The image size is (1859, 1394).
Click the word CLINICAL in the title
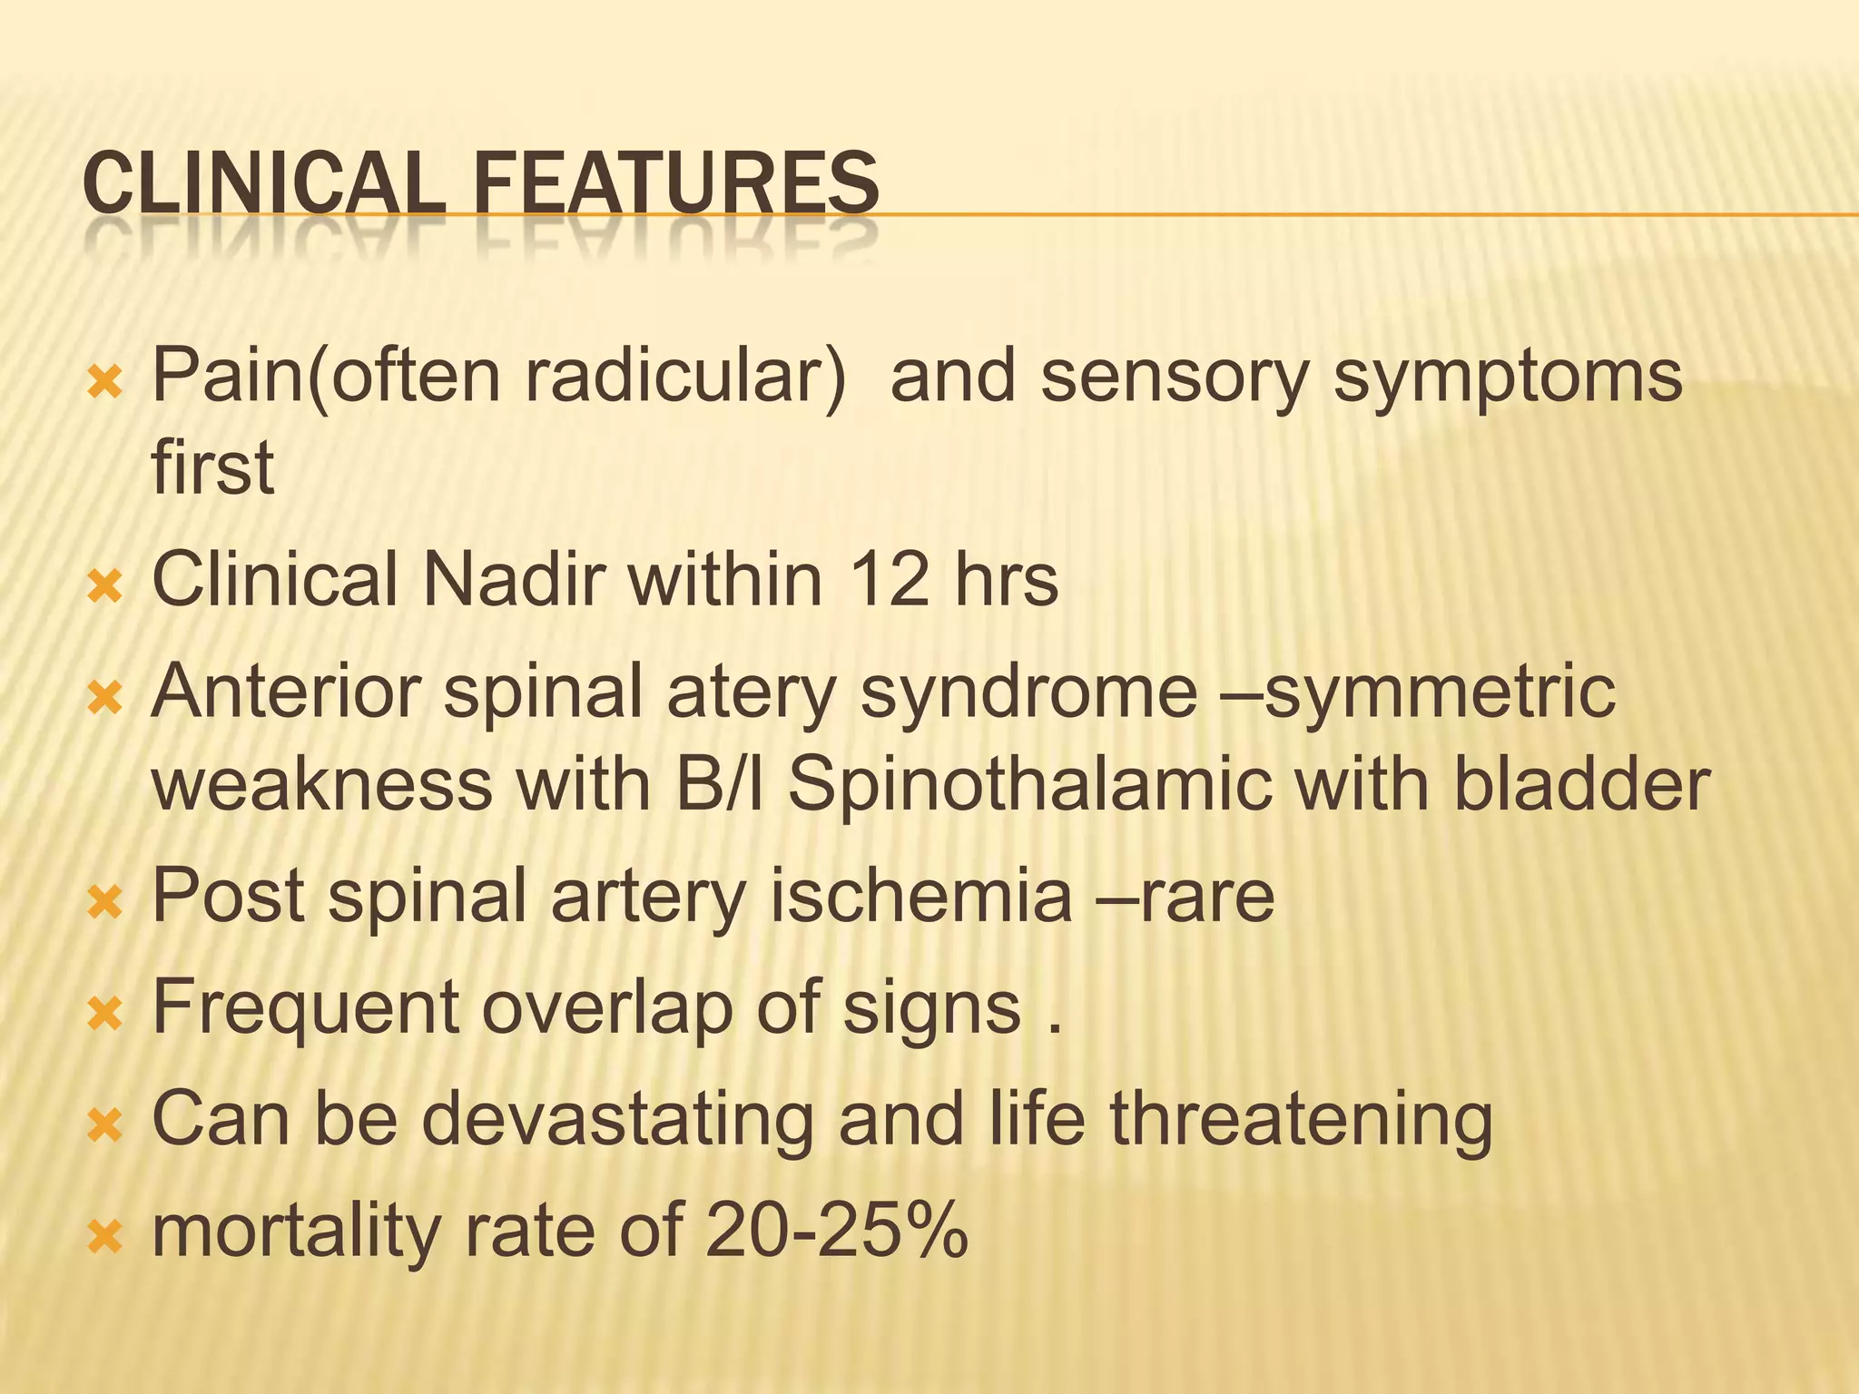263,185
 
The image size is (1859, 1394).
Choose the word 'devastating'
617,1119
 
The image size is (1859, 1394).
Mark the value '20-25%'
836,1232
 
